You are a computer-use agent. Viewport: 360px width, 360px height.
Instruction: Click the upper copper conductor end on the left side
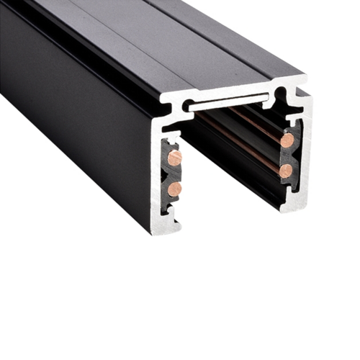point(174,157)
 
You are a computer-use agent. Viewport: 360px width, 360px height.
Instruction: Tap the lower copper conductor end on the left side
point(174,189)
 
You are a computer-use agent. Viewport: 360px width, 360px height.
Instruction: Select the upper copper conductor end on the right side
point(287,140)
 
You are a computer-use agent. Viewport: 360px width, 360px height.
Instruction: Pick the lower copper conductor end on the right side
point(286,171)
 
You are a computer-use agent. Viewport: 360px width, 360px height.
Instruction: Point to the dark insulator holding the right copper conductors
point(289,155)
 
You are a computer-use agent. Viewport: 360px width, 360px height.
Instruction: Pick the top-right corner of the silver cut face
point(305,76)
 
